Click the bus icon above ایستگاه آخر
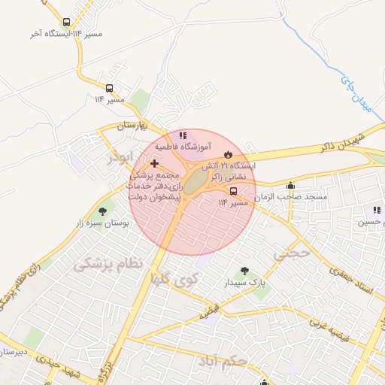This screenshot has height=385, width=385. [x=67, y=23]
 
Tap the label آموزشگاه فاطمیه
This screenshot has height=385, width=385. [x=183, y=147]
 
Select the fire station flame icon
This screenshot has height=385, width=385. [x=217, y=153]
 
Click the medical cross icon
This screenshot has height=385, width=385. [x=154, y=163]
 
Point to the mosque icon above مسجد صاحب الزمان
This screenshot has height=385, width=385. [x=291, y=186]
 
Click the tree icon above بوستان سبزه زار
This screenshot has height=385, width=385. [x=103, y=212]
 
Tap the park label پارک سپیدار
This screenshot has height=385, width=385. [x=243, y=283]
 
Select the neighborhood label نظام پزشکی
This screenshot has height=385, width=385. [x=107, y=264]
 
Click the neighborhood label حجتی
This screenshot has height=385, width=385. [x=291, y=253]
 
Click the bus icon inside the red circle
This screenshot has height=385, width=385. [x=233, y=191]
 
